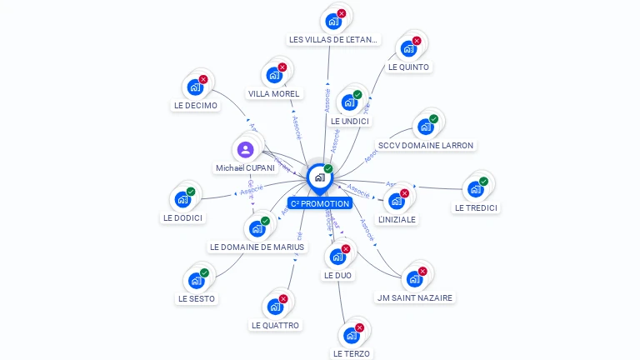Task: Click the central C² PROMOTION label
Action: click(x=320, y=203)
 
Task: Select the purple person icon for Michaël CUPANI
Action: click(x=245, y=150)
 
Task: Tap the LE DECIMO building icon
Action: click(x=195, y=87)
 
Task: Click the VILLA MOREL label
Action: click(x=273, y=93)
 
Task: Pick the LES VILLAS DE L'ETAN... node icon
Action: click(x=333, y=21)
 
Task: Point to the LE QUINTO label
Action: click(x=408, y=67)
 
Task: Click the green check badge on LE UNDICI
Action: click(x=357, y=94)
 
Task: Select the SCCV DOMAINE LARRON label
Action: click(x=426, y=145)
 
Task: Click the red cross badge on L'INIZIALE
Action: click(x=405, y=193)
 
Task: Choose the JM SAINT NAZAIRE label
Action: click(x=416, y=297)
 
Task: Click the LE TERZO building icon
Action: click(x=351, y=336)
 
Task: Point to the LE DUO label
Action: click(x=337, y=275)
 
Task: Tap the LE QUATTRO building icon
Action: click(x=274, y=307)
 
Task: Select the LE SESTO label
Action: click(x=197, y=298)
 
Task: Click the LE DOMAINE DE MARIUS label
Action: click(x=257, y=247)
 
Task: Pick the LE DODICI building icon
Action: click(x=182, y=200)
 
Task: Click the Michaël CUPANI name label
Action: click(x=245, y=167)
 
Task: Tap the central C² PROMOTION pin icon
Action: click(x=319, y=177)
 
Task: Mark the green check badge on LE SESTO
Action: click(x=204, y=272)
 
